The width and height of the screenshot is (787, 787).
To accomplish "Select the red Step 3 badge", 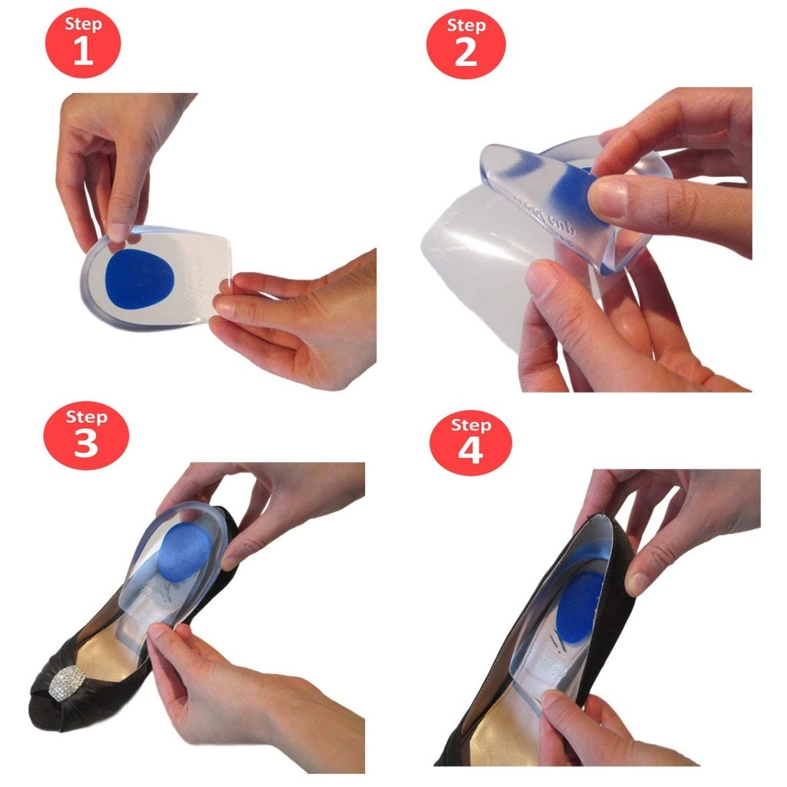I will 85,434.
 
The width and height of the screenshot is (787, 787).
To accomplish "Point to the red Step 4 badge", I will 470,442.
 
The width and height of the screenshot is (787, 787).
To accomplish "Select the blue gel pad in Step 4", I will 582,604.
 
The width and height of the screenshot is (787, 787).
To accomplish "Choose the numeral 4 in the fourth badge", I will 470,452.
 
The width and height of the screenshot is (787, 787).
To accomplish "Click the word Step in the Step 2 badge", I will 466,25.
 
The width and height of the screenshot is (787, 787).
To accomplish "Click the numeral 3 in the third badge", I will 85,444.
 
